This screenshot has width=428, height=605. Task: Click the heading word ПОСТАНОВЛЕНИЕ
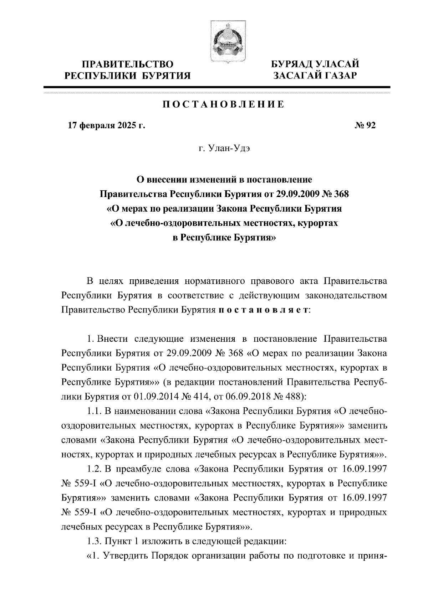tap(223, 104)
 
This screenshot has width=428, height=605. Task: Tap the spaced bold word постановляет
tap(263, 310)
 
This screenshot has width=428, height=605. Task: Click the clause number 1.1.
tap(95, 411)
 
